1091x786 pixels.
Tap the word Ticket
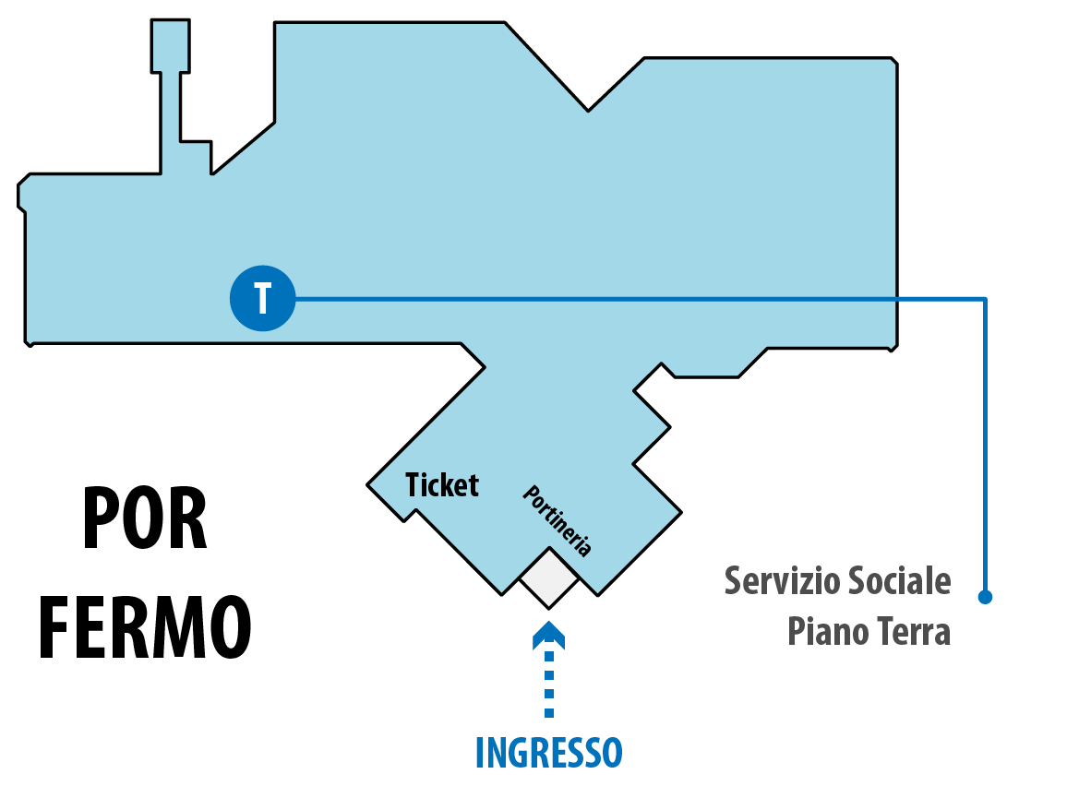[443, 484]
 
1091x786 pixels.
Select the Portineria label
[557, 520]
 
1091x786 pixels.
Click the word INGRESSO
[548, 753]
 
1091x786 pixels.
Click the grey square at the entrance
[549, 578]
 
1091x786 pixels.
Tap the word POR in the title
[145, 518]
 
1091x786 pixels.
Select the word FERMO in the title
[145, 627]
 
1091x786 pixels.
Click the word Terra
[912, 633]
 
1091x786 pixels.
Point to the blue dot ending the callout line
[985, 597]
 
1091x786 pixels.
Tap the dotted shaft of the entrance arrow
[549, 683]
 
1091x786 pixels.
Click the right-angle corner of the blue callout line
[985, 299]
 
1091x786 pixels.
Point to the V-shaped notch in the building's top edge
[589, 108]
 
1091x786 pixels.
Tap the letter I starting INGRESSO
[479, 753]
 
